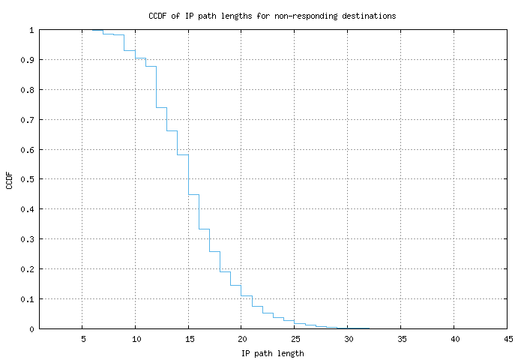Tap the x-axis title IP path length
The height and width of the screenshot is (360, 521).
tap(272, 352)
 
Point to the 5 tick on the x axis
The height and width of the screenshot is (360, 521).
tap(82, 339)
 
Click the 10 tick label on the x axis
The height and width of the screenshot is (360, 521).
tap(135, 339)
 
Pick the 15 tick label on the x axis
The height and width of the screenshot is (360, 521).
tap(188, 339)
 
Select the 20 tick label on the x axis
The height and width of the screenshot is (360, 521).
tap(241, 339)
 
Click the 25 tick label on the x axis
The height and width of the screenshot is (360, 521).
tap(295, 339)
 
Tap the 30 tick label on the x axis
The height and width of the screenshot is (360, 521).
tap(348, 339)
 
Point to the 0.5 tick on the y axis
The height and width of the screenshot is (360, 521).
tap(28, 179)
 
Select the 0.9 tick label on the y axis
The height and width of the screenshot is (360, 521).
tap(28, 60)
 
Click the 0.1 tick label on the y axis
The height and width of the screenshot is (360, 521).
tap(28, 299)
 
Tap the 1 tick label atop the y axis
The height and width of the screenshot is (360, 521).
tap(31, 30)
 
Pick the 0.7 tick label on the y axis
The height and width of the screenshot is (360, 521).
tap(28, 120)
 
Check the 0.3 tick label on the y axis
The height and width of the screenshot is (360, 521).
tap(28, 239)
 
